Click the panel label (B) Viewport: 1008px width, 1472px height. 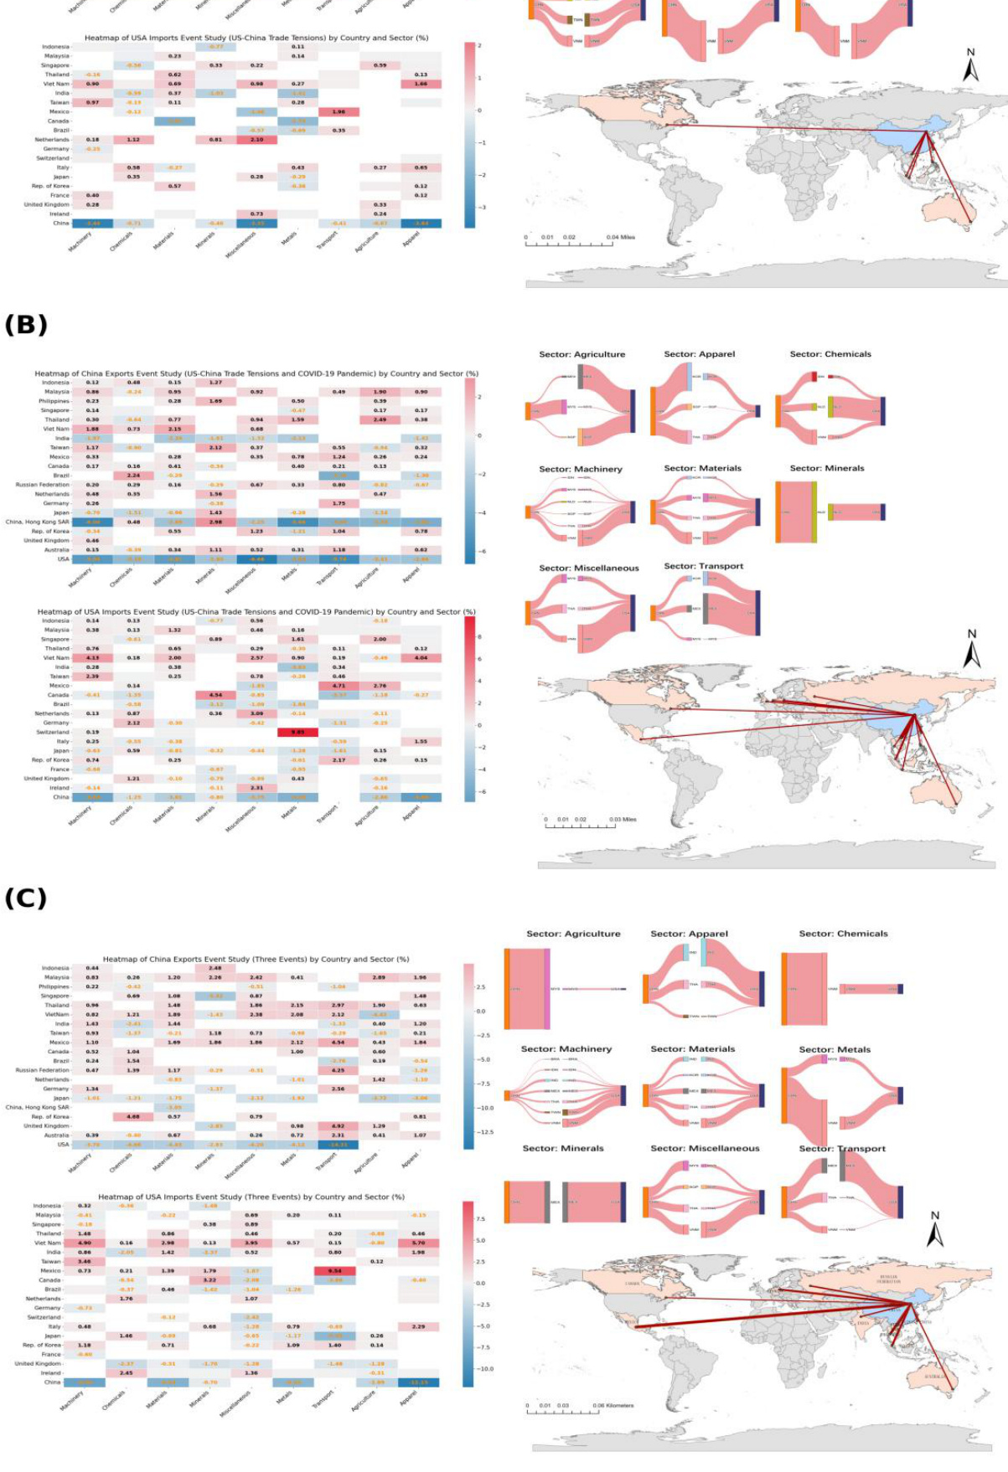pyautogui.click(x=26, y=324)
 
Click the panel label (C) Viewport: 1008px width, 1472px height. pyautogui.click(x=26, y=898)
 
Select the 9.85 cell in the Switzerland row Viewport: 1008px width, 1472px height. pyautogui.click(x=297, y=732)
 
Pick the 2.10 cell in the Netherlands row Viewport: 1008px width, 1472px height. pyautogui.click(x=256, y=140)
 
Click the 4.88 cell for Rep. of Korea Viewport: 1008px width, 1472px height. pyautogui.click(x=133, y=1116)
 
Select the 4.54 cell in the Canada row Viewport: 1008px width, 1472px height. pyautogui.click(x=215, y=694)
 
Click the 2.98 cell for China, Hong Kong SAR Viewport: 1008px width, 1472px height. pyautogui.click(x=215, y=522)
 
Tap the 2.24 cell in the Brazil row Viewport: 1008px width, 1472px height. pyautogui.click(x=133, y=475)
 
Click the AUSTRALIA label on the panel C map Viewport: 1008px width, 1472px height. pyautogui.click(x=934, y=1376)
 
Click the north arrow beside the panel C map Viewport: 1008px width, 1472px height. pyautogui.click(x=935, y=1230)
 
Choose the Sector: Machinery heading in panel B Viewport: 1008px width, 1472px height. pyautogui.click(x=581, y=469)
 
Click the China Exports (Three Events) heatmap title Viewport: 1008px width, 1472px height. pyautogui.click(x=256, y=959)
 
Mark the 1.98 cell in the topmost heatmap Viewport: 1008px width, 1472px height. pyautogui.click(x=339, y=111)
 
